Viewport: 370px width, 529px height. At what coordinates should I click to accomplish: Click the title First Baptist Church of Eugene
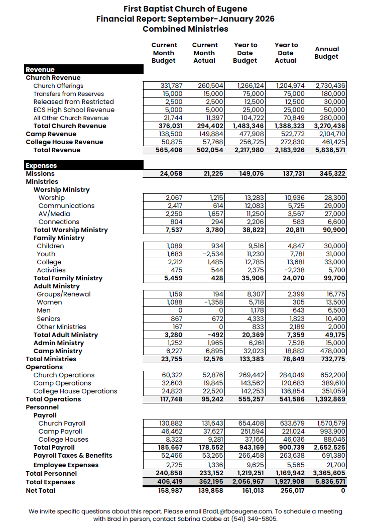click(185, 9)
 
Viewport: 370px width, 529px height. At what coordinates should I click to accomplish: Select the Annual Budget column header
click(326, 53)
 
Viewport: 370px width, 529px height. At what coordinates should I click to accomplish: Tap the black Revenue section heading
click(40, 69)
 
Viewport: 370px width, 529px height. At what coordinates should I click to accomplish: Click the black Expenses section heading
click(41, 165)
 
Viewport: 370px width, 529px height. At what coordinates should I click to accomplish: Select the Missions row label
click(40, 173)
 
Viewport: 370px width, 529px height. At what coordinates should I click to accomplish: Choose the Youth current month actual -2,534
click(212, 254)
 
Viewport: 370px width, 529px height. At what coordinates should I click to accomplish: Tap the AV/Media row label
click(54, 214)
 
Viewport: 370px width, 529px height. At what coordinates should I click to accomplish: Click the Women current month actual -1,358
click(212, 302)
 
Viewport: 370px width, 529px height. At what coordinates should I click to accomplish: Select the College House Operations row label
click(75, 391)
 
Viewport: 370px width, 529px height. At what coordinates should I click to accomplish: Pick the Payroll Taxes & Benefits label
click(73, 455)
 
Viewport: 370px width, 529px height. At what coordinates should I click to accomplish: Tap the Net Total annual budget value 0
click(343, 490)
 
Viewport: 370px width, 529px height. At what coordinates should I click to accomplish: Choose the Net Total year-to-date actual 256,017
click(290, 490)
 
